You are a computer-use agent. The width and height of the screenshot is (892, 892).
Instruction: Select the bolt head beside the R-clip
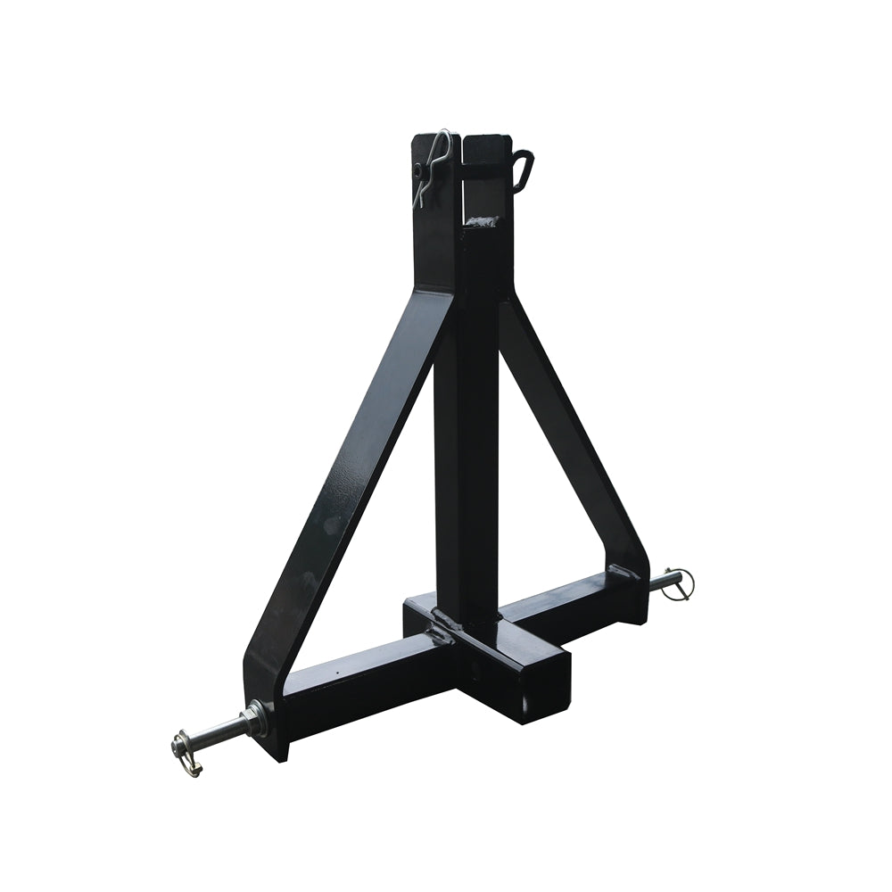(x=417, y=169)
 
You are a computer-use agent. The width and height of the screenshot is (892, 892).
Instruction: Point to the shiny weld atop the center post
(x=481, y=220)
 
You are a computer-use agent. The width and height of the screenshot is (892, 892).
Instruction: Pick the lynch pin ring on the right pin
(x=682, y=583)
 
